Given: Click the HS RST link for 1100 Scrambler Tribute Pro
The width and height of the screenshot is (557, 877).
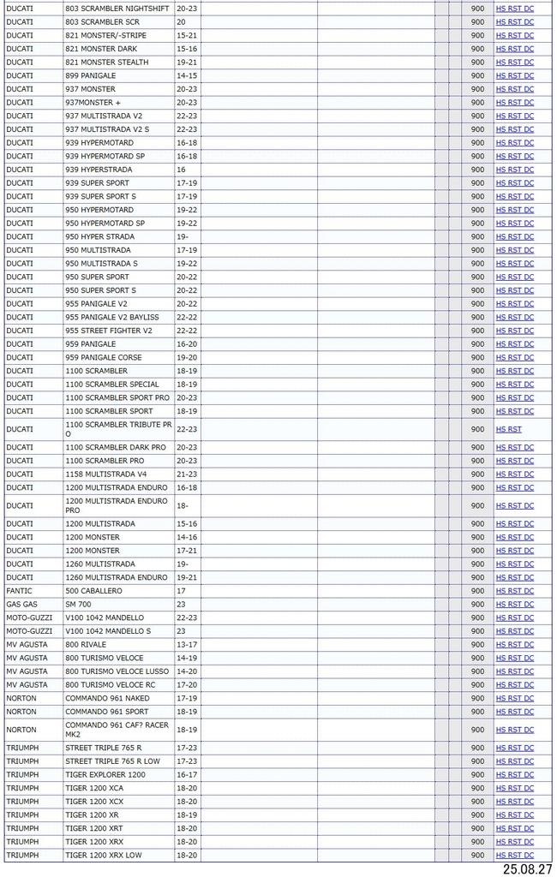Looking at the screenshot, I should (508, 429).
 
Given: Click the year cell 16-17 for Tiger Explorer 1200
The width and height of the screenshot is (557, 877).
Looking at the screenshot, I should (187, 774).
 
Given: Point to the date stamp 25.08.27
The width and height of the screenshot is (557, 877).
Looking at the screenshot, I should (526, 868).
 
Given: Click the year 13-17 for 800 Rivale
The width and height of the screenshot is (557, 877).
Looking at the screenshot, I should (187, 645).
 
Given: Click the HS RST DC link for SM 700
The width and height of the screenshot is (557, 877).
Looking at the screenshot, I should (514, 605).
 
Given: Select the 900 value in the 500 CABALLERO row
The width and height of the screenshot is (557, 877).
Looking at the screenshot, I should (477, 591).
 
